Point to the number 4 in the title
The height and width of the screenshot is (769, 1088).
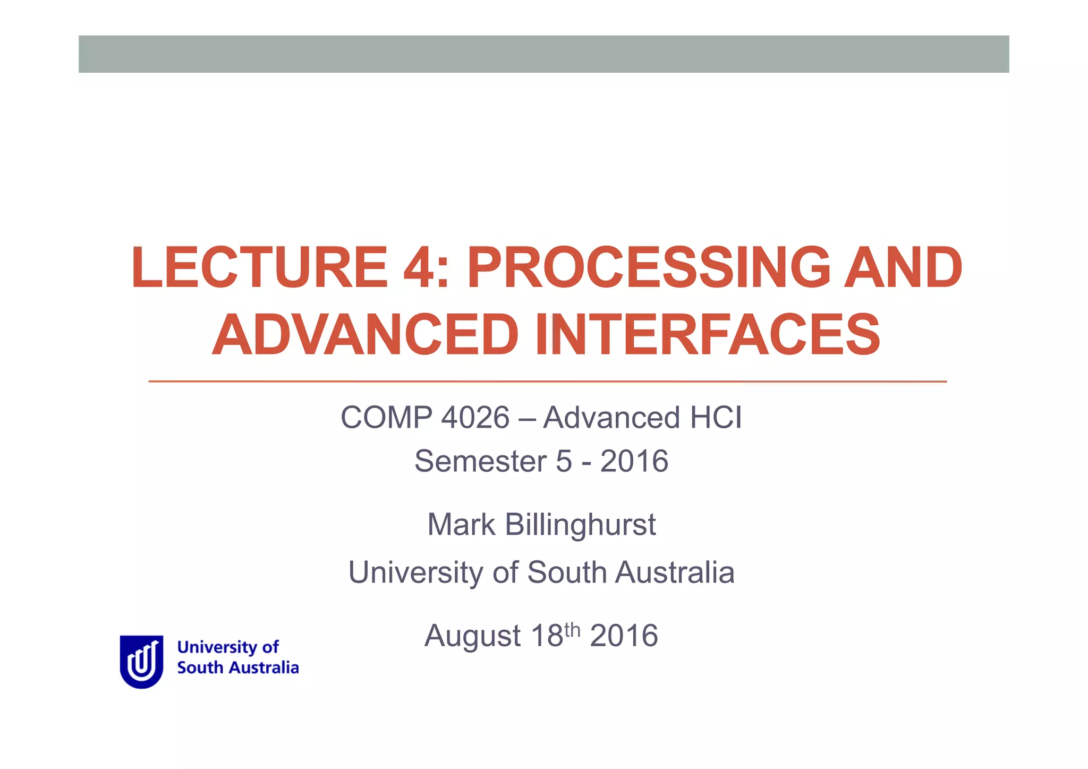click(x=420, y=268)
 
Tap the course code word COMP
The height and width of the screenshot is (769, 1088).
click(x=386, y=418)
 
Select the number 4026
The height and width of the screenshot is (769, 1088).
click(x=475, y=418)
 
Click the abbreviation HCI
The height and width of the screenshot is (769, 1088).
click(x=716, y=418)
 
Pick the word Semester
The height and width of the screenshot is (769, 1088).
click(x=480, y=461)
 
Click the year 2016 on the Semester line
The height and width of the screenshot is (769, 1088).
click(x=634, y=461)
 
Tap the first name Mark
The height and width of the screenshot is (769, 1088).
click(x=461, y=525)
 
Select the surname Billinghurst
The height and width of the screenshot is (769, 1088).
click(x=580, y=525)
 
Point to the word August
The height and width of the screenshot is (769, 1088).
click(x=472, y=636)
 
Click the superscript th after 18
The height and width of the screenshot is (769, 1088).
click(x=573, y=630)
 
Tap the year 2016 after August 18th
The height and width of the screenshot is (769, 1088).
click(x=624, y=636)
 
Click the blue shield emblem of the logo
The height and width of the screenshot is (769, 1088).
click(x=141, y=662)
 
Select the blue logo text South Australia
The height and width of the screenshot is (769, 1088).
click(x=238, y=668)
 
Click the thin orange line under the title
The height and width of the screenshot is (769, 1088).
click(x=547, y=382)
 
